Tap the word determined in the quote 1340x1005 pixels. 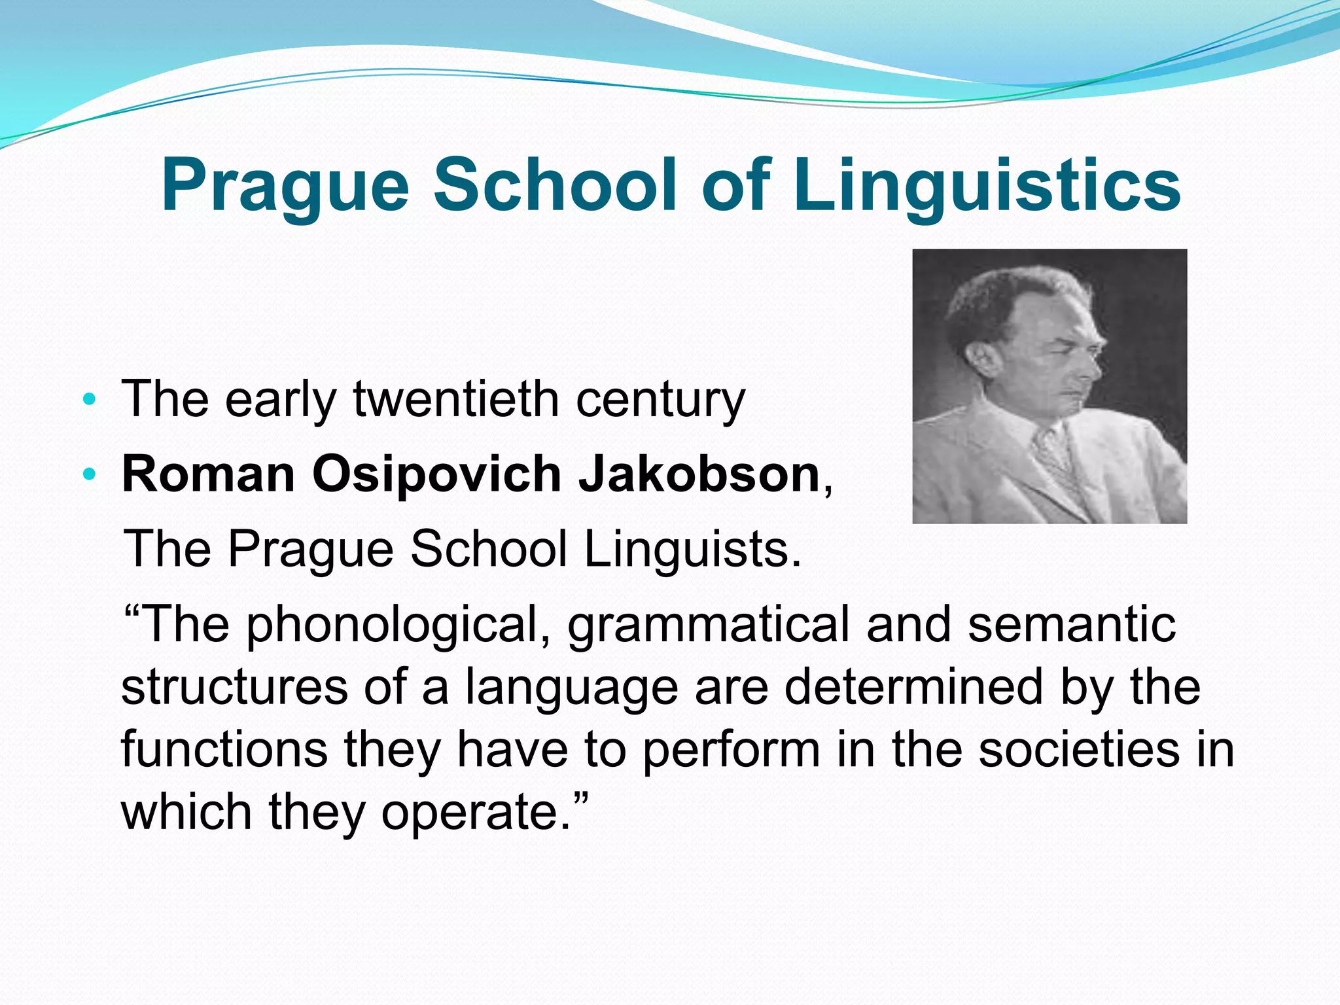[x=913, y=687]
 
